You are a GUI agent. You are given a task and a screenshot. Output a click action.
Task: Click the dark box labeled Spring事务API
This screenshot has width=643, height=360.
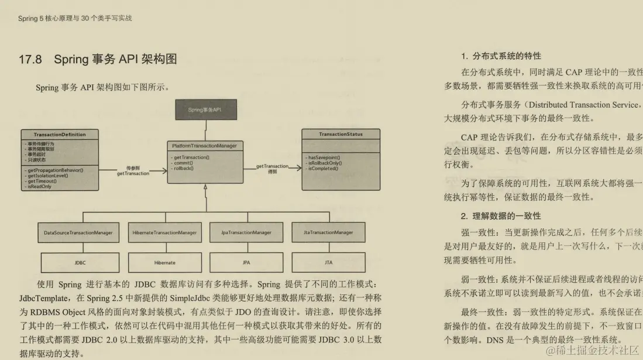click(x=204, y=110)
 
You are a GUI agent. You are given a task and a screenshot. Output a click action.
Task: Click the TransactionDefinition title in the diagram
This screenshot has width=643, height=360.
click(x=60, y=135)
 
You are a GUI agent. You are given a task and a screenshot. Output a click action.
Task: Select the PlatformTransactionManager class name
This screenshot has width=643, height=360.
click(x=204, y=145)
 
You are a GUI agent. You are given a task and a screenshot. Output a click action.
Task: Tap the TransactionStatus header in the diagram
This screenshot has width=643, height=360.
click(x=341, y=134)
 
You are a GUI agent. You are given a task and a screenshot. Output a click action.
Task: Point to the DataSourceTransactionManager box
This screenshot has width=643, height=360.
click(x=78, y=232)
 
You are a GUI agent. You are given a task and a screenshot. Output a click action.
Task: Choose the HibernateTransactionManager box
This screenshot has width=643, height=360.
click(x=164, y=232)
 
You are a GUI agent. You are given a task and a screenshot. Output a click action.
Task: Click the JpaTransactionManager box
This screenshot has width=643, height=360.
click(x=246, y=232)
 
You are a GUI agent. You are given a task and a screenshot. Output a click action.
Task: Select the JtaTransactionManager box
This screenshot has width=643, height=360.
click(x=328, y=232)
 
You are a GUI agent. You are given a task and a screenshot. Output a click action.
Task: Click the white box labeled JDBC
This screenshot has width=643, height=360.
click(x=80, y=263)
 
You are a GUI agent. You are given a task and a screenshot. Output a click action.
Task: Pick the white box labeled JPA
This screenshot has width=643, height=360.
click(x=246, y=263)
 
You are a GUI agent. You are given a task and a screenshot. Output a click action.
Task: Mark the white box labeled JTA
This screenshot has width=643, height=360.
click(x=328, y=263)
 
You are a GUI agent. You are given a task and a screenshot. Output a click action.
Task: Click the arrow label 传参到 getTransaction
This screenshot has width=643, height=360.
click(x=133, y=170)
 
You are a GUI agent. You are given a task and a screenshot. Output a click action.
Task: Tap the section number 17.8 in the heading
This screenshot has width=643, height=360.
click(x=30, y=59)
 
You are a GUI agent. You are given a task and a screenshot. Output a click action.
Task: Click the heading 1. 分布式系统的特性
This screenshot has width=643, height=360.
click(x=501, y=56)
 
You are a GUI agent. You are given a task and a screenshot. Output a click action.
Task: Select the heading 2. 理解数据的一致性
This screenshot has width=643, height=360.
click(x=501, y=216)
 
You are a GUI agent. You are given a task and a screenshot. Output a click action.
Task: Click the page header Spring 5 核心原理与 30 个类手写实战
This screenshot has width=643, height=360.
click(x=75, y=18)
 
